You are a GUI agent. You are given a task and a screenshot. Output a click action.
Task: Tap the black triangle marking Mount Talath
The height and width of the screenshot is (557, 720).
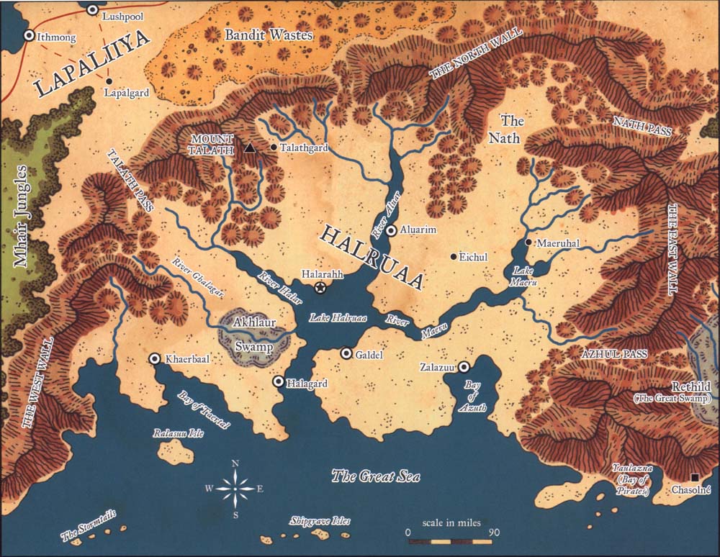point(249,148)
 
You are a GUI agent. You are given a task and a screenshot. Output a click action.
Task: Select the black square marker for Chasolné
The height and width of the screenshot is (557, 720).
point(695,477)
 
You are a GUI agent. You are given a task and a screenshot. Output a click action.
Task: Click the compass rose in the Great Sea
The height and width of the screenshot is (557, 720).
point(236,489)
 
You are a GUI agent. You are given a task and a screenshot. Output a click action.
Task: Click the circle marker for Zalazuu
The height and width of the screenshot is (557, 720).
point(464,366)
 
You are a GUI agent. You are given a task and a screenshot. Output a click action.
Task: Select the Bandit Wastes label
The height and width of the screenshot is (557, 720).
point(269,35)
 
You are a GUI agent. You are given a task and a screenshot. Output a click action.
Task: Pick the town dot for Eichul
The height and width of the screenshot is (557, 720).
point(453,257)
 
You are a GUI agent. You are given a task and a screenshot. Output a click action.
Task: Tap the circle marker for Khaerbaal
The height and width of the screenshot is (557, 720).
point(154,358)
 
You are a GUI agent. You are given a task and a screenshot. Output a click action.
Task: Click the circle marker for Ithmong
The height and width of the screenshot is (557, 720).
point(29,34)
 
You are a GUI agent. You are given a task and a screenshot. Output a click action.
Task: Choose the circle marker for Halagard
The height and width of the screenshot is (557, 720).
point(278,381)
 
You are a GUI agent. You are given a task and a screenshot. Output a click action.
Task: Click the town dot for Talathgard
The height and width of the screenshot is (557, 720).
point(274,148)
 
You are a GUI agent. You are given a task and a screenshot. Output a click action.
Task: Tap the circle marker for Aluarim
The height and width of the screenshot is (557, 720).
point(391,231)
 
